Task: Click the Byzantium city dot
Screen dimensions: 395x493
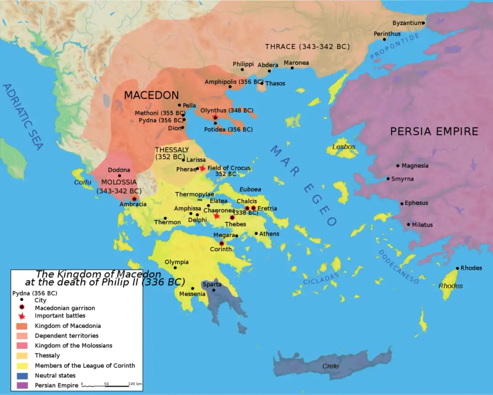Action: (424, 23)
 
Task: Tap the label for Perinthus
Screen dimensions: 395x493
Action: (387, 34)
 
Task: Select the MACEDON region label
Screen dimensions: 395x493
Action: (152, 95)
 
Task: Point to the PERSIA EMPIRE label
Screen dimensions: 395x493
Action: (434, 132)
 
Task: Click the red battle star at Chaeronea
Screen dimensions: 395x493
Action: (216, 216)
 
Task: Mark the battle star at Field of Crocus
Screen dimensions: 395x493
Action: (203, 168)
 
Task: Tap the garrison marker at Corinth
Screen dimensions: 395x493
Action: (222, 243)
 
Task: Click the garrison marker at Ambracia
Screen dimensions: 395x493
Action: (134, 199)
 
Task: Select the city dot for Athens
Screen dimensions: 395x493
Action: (256, 234)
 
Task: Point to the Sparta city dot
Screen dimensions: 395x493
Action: (214, 290)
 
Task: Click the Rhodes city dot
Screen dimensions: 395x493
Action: (457, 268)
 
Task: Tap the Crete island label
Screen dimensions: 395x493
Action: (330, 366)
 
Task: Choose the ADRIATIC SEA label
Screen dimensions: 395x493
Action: (23, 116)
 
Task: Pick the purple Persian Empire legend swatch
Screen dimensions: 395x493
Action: (21, 385)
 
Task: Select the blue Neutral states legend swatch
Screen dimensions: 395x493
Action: (21, 375)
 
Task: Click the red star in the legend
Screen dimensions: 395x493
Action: (21, 316)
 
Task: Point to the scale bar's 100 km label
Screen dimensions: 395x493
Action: (136, 384)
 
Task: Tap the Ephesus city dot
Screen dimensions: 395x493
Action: (402, 204)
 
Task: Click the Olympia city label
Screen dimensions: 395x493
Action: (177, 262)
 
